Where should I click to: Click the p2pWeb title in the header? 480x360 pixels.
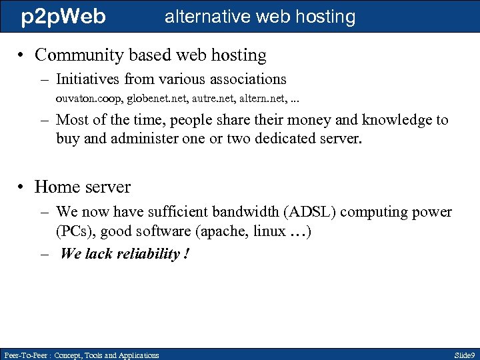[63, 17]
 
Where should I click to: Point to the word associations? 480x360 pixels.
[247, 79]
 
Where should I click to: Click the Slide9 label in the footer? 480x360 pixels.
[463, 355]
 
